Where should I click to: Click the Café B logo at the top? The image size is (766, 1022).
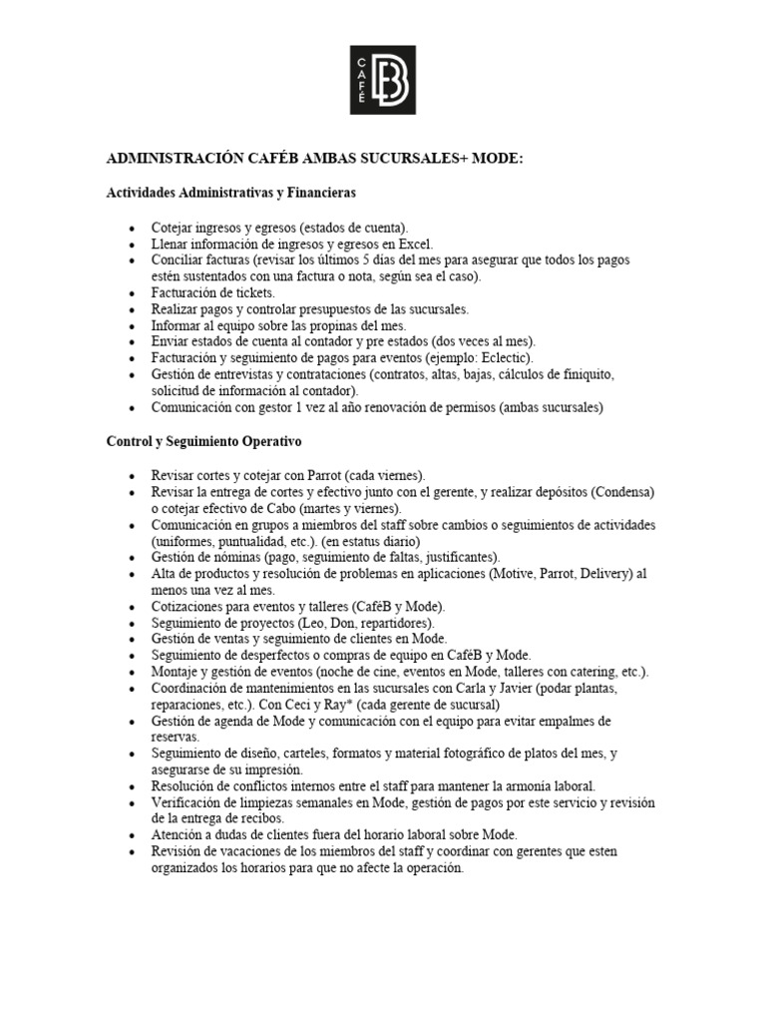[382, 80]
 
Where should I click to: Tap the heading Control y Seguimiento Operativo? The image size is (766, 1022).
[203, 440]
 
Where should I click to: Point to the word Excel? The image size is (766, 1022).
[412, 243]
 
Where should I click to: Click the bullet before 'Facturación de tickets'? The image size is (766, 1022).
[132, 293]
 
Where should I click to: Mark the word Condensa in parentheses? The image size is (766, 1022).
[624, 492]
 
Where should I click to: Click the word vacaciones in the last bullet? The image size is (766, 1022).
[244, 851]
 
